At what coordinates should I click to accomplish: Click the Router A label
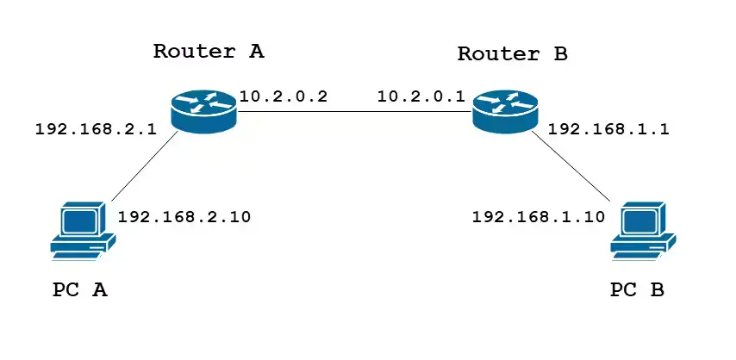click(209, 51)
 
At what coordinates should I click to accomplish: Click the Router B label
click(512, 54)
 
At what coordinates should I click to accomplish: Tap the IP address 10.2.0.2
click(284, 96)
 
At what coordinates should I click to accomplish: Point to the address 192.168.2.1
click(95, 130)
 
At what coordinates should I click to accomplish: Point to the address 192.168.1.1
click(608, 130)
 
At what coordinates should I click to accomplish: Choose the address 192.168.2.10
click(184, 216)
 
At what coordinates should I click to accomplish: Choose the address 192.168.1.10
click(539, 216)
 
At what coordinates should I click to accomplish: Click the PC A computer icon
click(81, 231)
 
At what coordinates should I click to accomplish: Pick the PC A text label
click(79, 290)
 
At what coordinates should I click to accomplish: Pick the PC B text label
click(637, 290)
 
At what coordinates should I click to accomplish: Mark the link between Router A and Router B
click(353, 111)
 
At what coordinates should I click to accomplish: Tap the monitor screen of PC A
click(78, 219)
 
